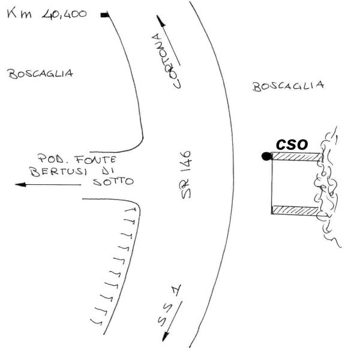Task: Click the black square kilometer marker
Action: pos(104,15)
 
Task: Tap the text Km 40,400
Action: pos(47,14)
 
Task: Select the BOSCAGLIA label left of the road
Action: pos(40,74)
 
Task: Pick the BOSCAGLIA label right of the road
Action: pos(288,86)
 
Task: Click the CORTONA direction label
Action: pos(166,61)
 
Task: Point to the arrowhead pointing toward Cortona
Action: pos(161,20)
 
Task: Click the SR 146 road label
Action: pos(186,175)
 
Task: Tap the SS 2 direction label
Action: pos(169,305)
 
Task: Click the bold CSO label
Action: pos(292,145)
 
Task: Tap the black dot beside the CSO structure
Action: pos(266,157)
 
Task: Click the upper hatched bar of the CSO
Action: pos(296,157)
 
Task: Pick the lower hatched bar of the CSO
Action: pos(295,211)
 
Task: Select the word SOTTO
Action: pos(113,182)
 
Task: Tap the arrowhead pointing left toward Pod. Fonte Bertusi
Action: pos(20,185)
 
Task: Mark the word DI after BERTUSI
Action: pos(107,171)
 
